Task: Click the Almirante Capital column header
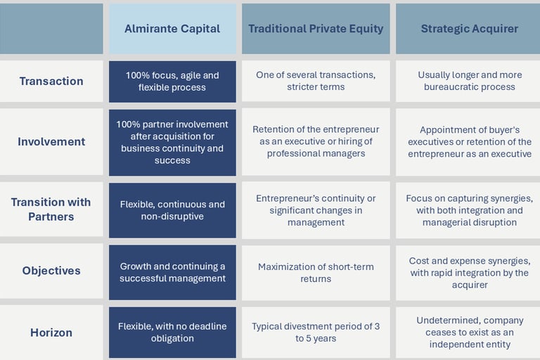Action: point(172,29)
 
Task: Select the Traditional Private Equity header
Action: point(316,29)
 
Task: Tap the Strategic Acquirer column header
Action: point(468,29)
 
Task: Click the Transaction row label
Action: point(51,81)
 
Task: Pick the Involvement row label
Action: point(51,141)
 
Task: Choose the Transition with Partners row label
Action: point(51,209)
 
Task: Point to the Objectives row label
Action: point(51,271)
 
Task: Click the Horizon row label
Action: point(51,333)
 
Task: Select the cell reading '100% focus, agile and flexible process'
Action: point(172,82)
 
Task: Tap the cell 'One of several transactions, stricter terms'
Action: point(316,81)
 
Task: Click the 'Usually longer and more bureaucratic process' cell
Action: point(468,81)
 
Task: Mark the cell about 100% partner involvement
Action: point(172,143)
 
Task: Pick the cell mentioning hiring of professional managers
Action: point(316,141)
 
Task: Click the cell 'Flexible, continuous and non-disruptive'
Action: point(172,210)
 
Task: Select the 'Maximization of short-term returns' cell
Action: point(316,273)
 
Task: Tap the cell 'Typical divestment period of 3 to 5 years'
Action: point(316,333)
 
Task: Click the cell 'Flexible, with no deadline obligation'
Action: point(172,333)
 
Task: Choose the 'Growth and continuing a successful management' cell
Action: point(172,273)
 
